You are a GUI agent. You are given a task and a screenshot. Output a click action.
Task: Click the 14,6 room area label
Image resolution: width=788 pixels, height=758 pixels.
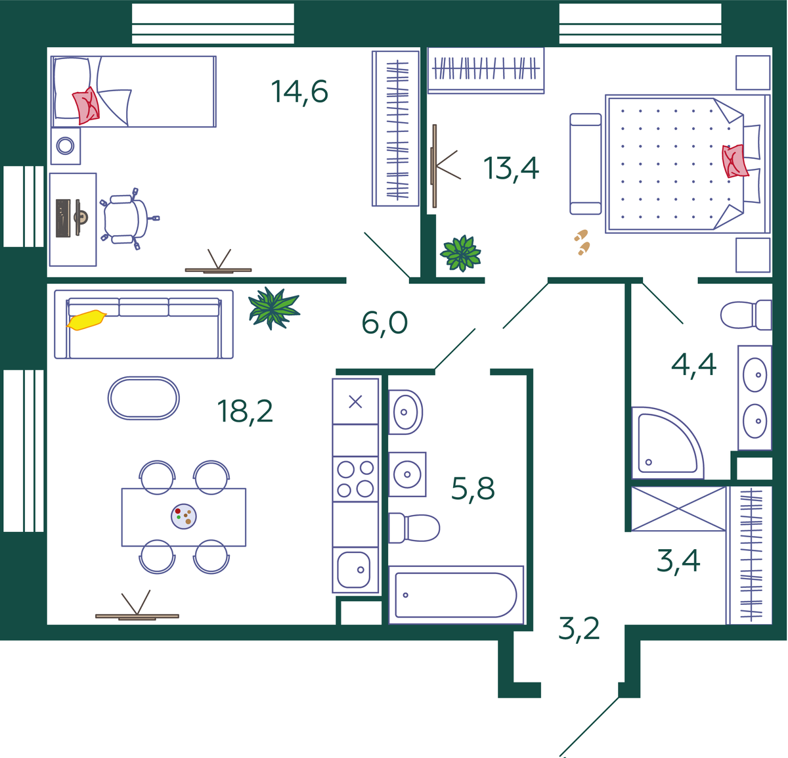[299, 93]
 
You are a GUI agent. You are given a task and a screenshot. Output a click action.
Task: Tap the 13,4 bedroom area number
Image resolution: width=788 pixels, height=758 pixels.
[511, 169]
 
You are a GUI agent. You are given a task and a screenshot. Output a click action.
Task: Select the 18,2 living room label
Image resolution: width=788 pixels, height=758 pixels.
[245, 412]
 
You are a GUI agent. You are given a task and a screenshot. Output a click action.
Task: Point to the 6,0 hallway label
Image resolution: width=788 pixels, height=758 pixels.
[384, 323]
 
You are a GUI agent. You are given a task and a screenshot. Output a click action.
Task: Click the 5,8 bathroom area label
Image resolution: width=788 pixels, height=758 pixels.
[473, 489]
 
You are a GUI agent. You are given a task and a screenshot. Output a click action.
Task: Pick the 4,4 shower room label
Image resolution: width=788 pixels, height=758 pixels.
[693, 365]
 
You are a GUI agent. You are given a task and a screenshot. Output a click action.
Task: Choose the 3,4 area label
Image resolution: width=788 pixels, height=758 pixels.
[678, 561]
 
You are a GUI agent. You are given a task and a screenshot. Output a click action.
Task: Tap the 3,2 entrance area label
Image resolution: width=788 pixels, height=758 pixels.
[579, 629]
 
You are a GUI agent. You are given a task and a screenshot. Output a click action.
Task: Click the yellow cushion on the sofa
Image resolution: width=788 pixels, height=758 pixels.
[86, 320]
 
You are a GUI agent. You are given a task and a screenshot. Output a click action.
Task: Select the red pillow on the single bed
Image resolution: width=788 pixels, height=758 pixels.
[86, 105]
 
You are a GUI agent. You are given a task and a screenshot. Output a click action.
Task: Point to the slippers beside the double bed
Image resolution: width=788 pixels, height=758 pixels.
[582, 242]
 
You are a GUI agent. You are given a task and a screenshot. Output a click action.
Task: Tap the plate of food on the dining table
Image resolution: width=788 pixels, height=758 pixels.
[183, 516]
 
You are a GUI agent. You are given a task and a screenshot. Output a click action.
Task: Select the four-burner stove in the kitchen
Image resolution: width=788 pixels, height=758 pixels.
[355, 479]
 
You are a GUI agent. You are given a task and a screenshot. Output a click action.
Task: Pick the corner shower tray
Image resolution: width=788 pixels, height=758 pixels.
[667, 443]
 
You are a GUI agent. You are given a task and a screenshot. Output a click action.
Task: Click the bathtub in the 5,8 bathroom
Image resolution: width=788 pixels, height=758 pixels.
[456, 595]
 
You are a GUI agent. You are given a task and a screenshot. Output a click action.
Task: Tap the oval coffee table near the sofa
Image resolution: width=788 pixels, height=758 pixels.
[143, 398]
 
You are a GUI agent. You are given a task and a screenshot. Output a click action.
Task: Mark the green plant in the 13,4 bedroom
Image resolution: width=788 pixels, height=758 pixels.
[461, 253]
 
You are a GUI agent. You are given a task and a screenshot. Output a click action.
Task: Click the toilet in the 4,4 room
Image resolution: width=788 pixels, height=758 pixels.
[746, 315]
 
